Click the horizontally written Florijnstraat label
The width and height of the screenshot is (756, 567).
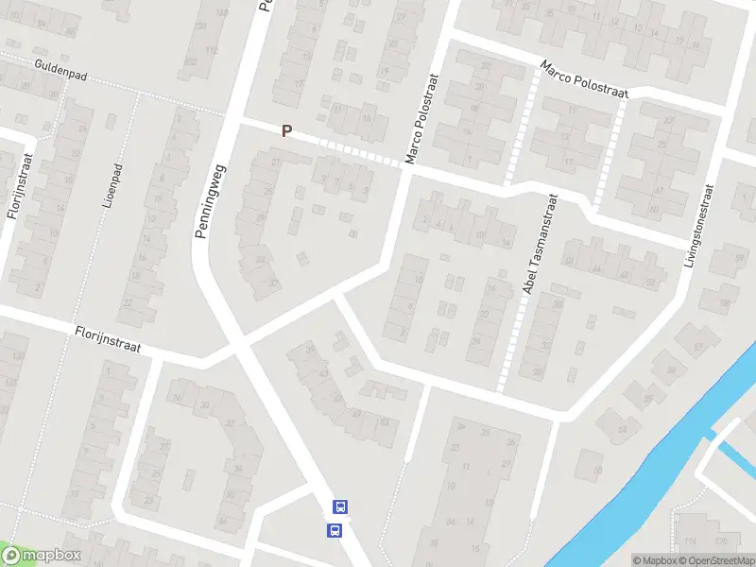pyautogui.click(x=109, y=339)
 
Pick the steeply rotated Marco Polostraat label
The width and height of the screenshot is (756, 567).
pyautogui.click(x=422, y=120)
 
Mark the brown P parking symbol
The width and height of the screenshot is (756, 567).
pyautogui.click(x=285, y=131)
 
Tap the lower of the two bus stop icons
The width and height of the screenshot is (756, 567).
pyautogui.click(x=334, y=530)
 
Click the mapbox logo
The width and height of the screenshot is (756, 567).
pyautogui.click(x=43, y=557)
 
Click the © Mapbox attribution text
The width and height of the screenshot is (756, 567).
pyautogui.click(x=655, y=560)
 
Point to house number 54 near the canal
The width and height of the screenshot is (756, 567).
pyautogui.click(x=622, y=431)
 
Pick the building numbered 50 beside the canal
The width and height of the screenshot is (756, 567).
pyautogui.click(x=595, y=471)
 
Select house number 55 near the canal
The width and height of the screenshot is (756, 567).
pyautogui.click(x=648, y=399)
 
